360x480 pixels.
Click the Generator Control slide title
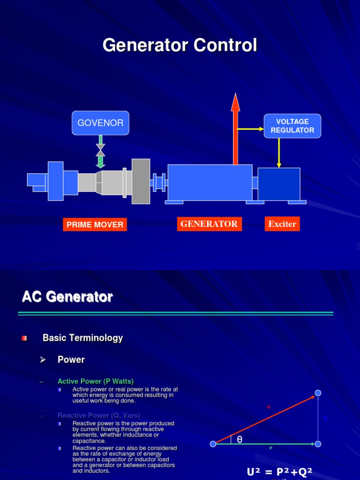[x=180, y=45]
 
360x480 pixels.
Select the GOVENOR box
[x=100, y=123]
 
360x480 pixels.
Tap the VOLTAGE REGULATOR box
[x=292, y=126]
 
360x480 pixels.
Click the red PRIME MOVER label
[x=95, y=225]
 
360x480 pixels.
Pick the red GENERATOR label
[x=209, y=224]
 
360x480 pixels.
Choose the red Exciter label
[x=282, y=224]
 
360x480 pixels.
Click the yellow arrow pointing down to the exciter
[x=279, y=152]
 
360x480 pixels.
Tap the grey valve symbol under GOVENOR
[x=100, y=150]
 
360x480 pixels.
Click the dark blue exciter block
[x=279, y=184]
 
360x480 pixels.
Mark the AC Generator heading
[x=67, y=297]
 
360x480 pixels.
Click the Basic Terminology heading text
[x=82, y=338]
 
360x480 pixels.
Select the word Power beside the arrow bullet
[x=71, y=360]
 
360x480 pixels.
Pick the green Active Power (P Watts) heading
[x=96, y=382]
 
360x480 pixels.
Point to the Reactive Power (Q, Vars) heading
[x=99, y=415]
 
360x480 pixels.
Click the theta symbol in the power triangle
[x=239, y=439]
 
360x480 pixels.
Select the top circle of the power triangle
[x=318, y=393]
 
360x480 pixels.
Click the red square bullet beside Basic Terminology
[x=24, y=338]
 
